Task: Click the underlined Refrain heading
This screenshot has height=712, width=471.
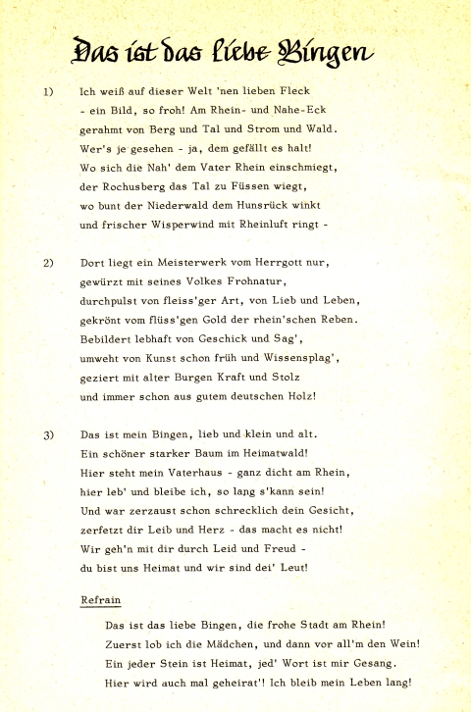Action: coord(102,599)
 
